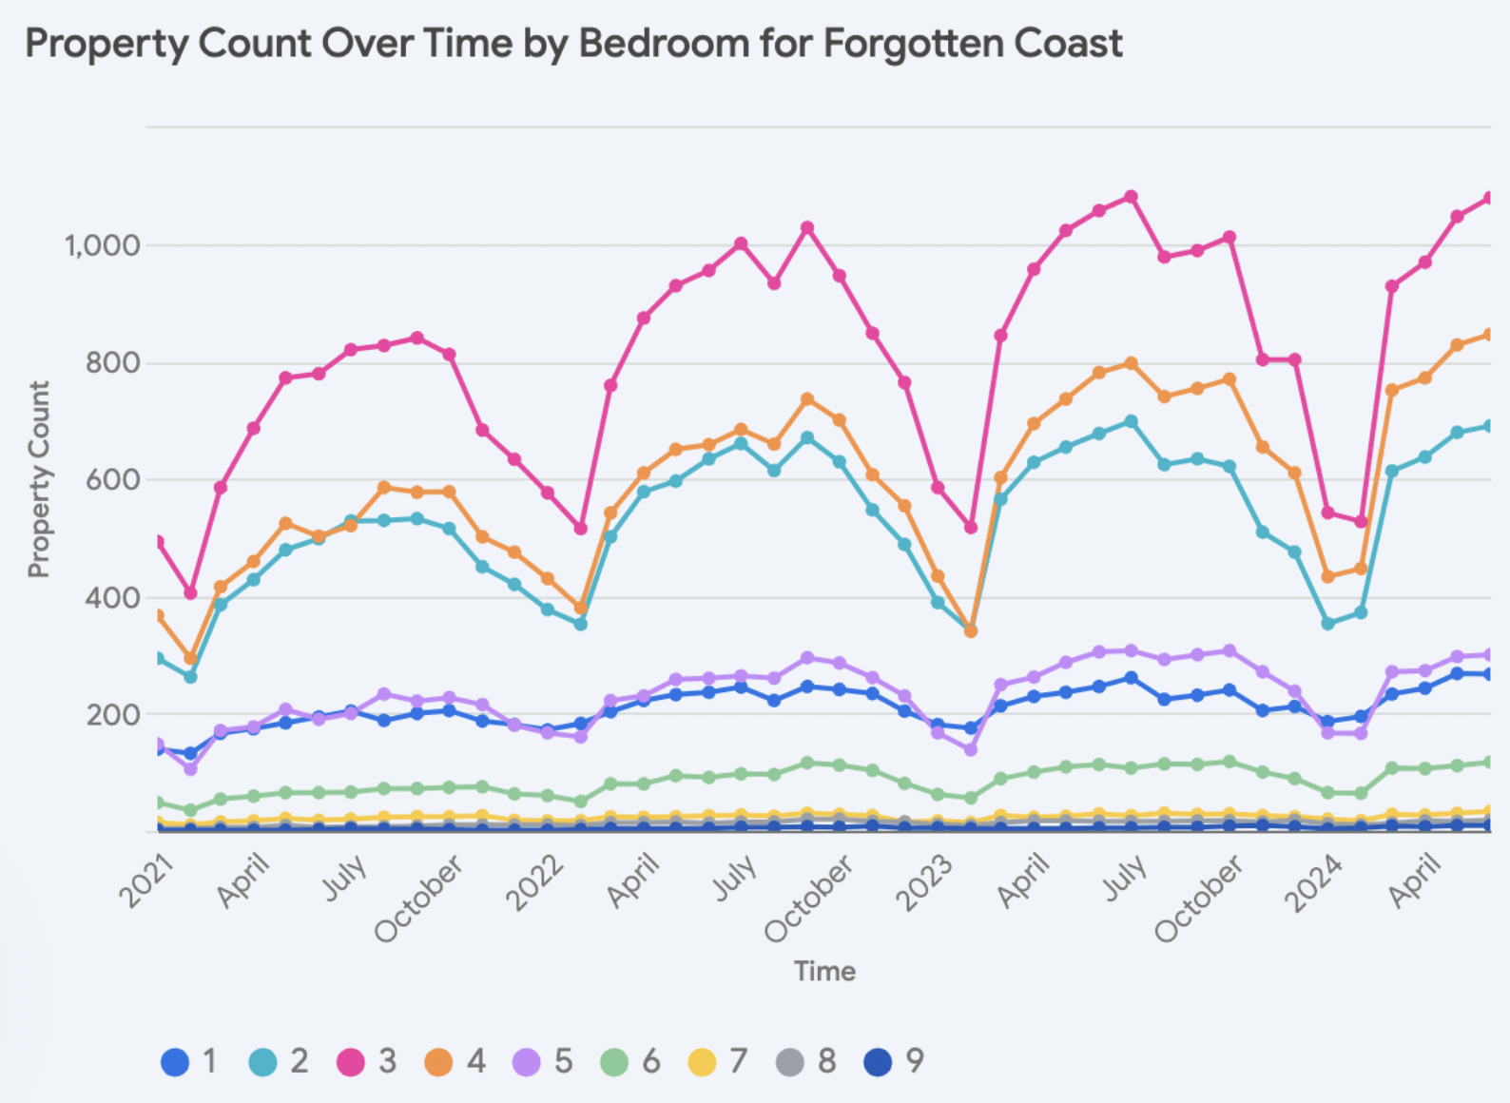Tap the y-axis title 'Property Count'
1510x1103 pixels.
tap(38, 479)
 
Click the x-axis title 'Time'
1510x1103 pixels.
tap(824, 971)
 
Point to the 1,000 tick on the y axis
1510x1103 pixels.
tap(102, 245)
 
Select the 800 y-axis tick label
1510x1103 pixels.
tap(112, 362)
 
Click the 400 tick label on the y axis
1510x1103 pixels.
tap(112, 598)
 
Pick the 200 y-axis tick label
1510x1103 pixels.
tap(112, 715)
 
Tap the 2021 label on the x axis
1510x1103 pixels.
tap(146, 881)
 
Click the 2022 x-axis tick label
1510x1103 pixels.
tap(535, 882)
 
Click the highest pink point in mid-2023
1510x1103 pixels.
tap(1131, 197)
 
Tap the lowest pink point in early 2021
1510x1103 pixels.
tap(190, 593)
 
